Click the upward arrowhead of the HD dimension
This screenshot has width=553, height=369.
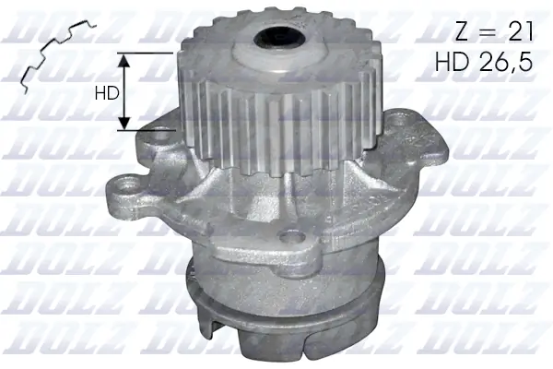click(x=126, y=58)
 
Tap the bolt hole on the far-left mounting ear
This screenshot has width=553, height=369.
click(x=123, y=197)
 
